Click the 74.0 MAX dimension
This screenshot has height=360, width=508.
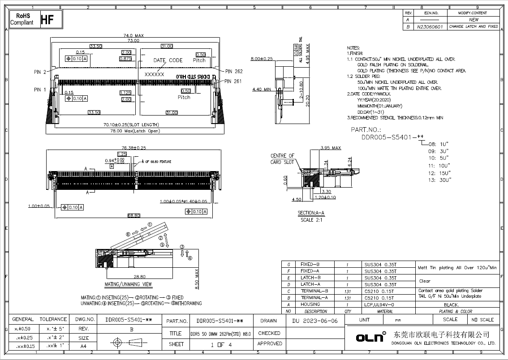coord(133,35)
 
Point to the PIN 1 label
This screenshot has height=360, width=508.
coord(40,90)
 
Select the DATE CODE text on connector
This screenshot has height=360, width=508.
coord(168,60)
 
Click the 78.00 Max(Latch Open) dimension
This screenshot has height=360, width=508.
coord(135,131)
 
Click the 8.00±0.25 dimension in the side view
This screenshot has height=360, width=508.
coord(262,59)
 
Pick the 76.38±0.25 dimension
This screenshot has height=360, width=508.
coord(133,147)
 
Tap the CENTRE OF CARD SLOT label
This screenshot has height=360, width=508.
coord(282,159)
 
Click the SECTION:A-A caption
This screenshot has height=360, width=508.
coord(311,213)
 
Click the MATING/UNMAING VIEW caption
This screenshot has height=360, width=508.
coord(128,284)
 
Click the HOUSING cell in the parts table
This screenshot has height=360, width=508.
coord(310,304)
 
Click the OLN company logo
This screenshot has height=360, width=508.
coord(371,337)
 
